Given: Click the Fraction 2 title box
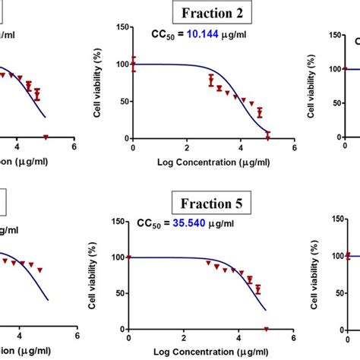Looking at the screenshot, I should click(x=212, y=13).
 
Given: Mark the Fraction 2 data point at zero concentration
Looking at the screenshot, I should click(x=133, y=65).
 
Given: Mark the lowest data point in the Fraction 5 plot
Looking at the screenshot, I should click(x=266, y=328).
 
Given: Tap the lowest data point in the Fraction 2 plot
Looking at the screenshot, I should click(x=267, y=135).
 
